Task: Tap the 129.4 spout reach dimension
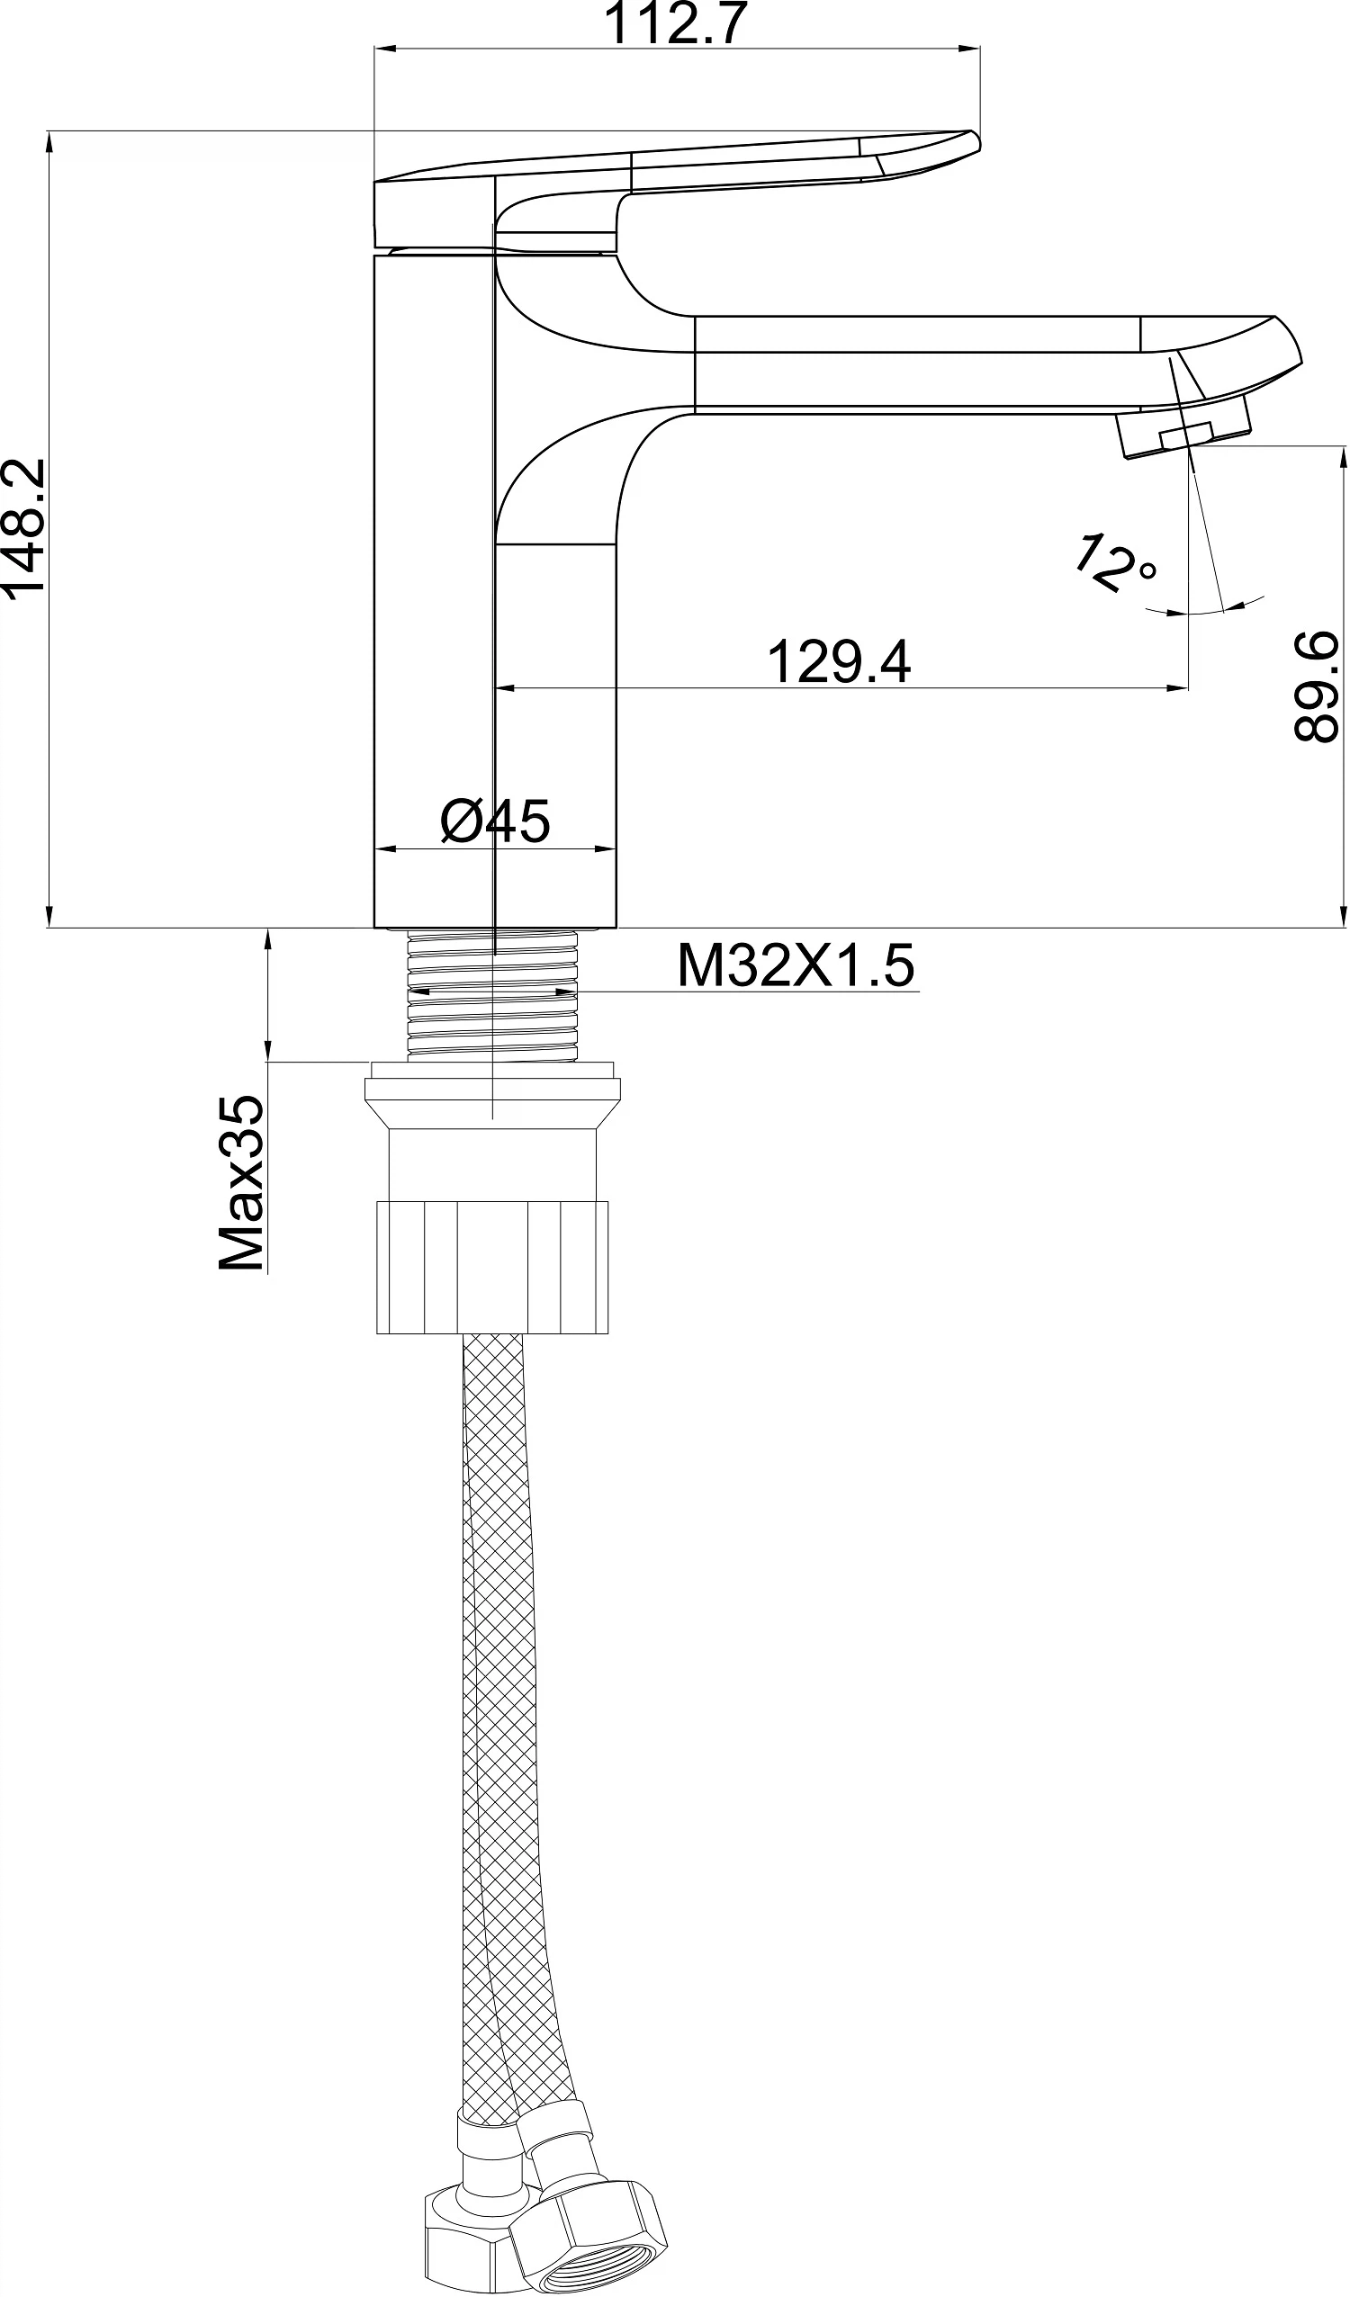(x=839, y=662)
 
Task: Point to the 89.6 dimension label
(x=1316, y=686)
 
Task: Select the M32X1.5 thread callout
(x=795, y=966)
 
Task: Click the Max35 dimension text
(x=241, y=1182)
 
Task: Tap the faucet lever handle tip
(x=974, y=140)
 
